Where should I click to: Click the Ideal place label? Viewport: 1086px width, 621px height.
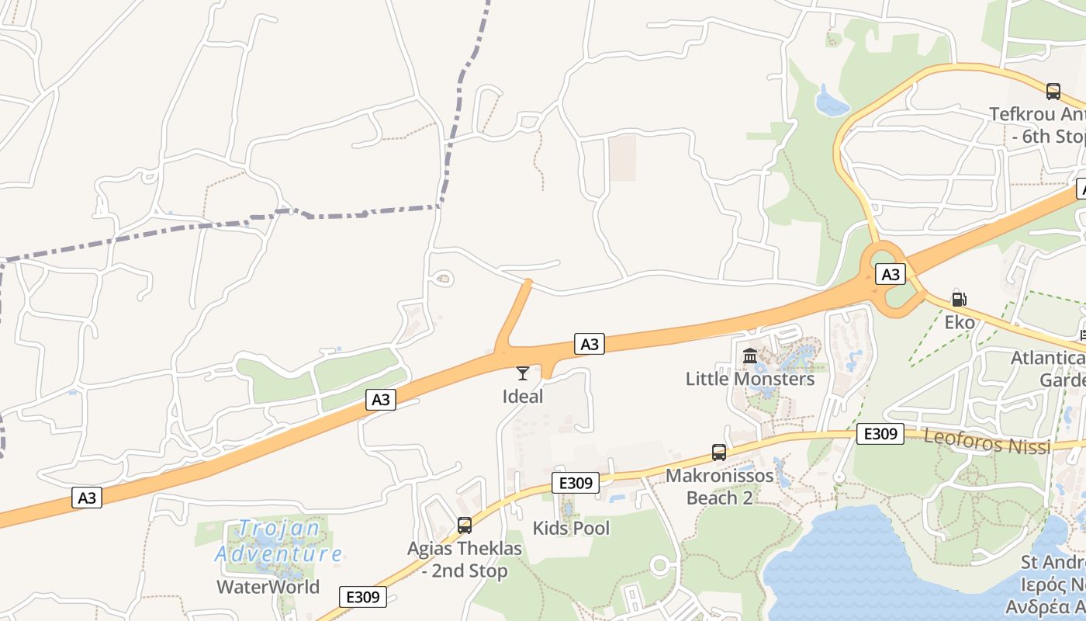point(523,397)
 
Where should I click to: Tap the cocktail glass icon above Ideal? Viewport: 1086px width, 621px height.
point(523,373)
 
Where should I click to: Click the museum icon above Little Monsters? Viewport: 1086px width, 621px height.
point(750,356)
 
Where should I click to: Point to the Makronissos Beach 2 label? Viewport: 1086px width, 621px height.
point(720,487)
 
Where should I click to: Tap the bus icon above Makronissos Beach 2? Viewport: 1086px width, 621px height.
point(719,453)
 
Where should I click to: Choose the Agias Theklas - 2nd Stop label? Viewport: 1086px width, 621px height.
point(465,560)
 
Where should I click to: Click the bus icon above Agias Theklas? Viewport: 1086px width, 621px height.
point(465,526)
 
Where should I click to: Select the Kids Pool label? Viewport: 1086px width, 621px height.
point(571,529)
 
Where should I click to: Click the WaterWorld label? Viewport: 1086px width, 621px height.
point(268,587)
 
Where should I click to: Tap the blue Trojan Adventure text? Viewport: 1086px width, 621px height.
point(278,542)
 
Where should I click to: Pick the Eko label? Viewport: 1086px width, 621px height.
point(960,322)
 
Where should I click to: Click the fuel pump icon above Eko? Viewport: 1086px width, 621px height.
point(960,299)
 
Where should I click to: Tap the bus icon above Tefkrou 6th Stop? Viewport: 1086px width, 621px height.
point(1053,92)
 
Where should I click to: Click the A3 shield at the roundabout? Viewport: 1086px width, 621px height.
point(891,274)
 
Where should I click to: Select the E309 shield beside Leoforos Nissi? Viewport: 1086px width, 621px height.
point(880,434)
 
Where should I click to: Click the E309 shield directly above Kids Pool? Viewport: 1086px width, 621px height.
point(576,483)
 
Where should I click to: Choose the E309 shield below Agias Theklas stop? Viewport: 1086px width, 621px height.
point(363,597)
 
